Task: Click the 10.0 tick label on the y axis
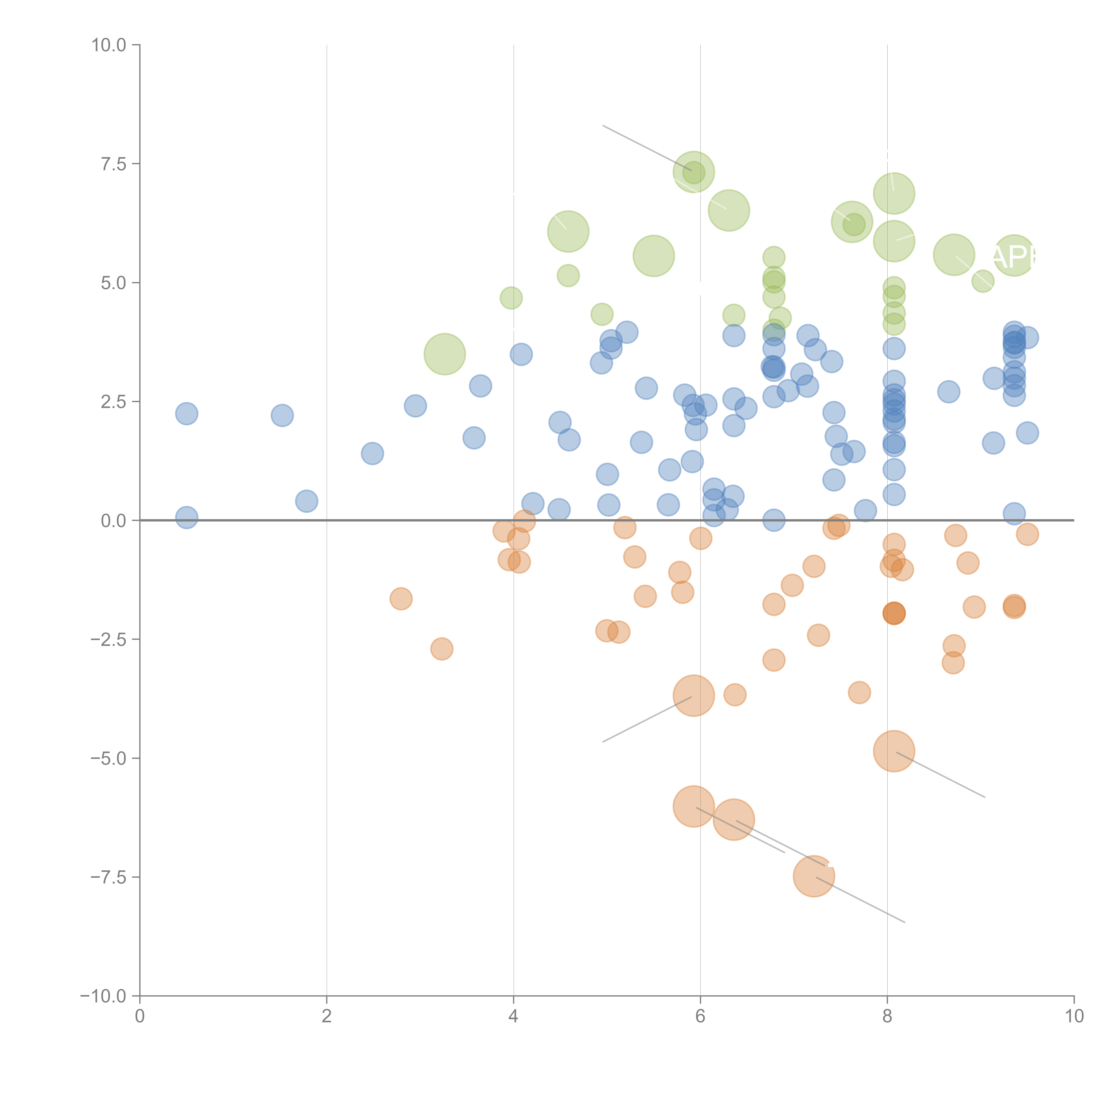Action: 109,45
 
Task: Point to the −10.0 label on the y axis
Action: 103,996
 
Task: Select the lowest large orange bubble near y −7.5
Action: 814,876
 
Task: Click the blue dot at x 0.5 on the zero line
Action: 186,517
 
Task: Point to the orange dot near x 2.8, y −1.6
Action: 401,598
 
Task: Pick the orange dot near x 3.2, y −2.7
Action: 441,649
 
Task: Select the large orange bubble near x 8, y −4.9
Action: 894,751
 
